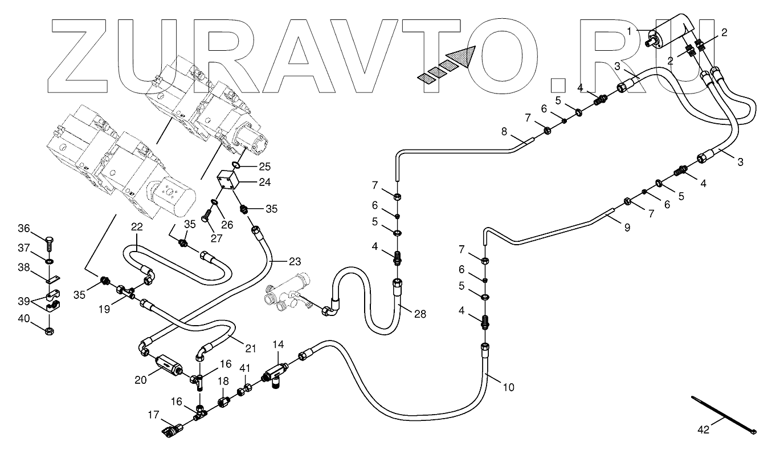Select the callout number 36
pos(38,229)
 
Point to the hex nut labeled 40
pos(50,329)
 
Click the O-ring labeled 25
pos(236,166)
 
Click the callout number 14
pos(277,344)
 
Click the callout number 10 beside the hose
pos(508,387)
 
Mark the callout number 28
pos(420,314)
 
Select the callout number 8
pos(504,131)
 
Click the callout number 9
pos(627,227)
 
